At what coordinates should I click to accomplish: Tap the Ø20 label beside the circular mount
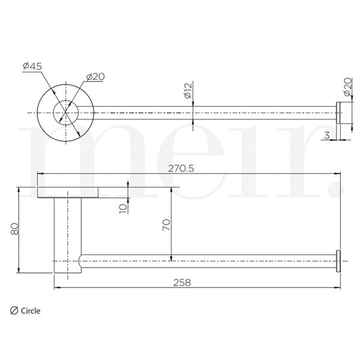click(96, 76)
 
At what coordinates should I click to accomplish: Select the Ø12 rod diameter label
click(188, 91)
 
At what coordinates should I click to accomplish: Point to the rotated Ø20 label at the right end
click(347, 88)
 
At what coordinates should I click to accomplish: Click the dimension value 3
click(326, 136)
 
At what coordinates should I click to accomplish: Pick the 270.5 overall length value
click(181, 169)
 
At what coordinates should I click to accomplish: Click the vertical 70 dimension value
click(167, 224)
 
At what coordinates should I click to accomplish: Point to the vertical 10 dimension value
click(123, 208)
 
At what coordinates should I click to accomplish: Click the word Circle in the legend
click(31, 311)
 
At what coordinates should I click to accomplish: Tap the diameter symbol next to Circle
click(14, 311)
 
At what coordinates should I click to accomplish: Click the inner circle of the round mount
click(65, 112)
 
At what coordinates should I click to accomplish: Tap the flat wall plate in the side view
click(68, 192)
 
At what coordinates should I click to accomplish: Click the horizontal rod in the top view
click(210, 112)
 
